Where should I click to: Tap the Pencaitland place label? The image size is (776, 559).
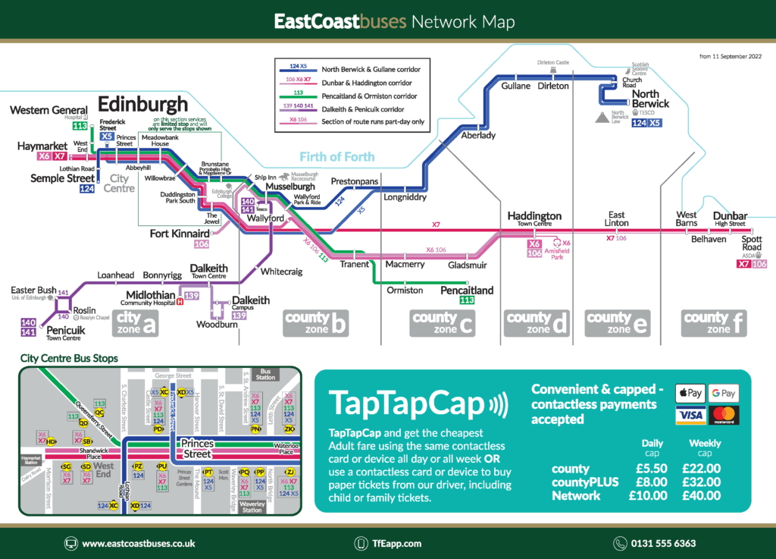[x=467, y=290]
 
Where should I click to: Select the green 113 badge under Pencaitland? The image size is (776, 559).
[x=467, y=300]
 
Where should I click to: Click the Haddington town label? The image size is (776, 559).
[x=534, y=216]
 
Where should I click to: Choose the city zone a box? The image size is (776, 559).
[x=136, y=323]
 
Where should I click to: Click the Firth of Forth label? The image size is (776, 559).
[x=336, y=157]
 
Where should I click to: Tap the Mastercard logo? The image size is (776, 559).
[x=726, y=415]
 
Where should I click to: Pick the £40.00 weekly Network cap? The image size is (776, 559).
[x=701, y=495]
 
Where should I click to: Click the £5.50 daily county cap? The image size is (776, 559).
[x=651, y=469]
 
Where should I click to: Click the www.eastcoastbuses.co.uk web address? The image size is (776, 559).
[x=138, y=543]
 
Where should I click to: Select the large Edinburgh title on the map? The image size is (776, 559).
[x=143, y=103]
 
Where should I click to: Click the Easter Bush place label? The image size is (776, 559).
[x=33, y=290]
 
